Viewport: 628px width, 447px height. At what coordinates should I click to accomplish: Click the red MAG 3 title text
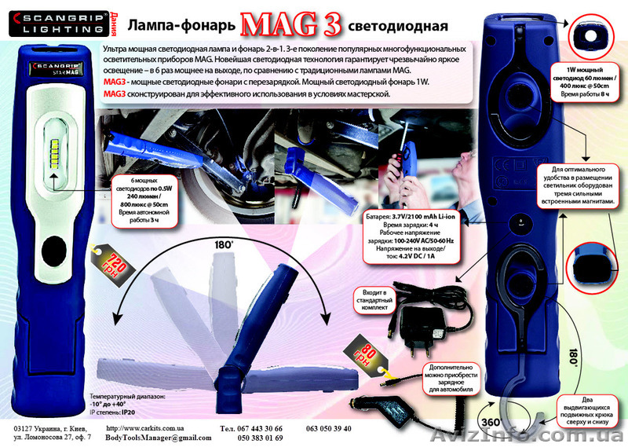coord(290,24)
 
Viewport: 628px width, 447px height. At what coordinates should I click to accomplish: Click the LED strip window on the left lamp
coord(53,148)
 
